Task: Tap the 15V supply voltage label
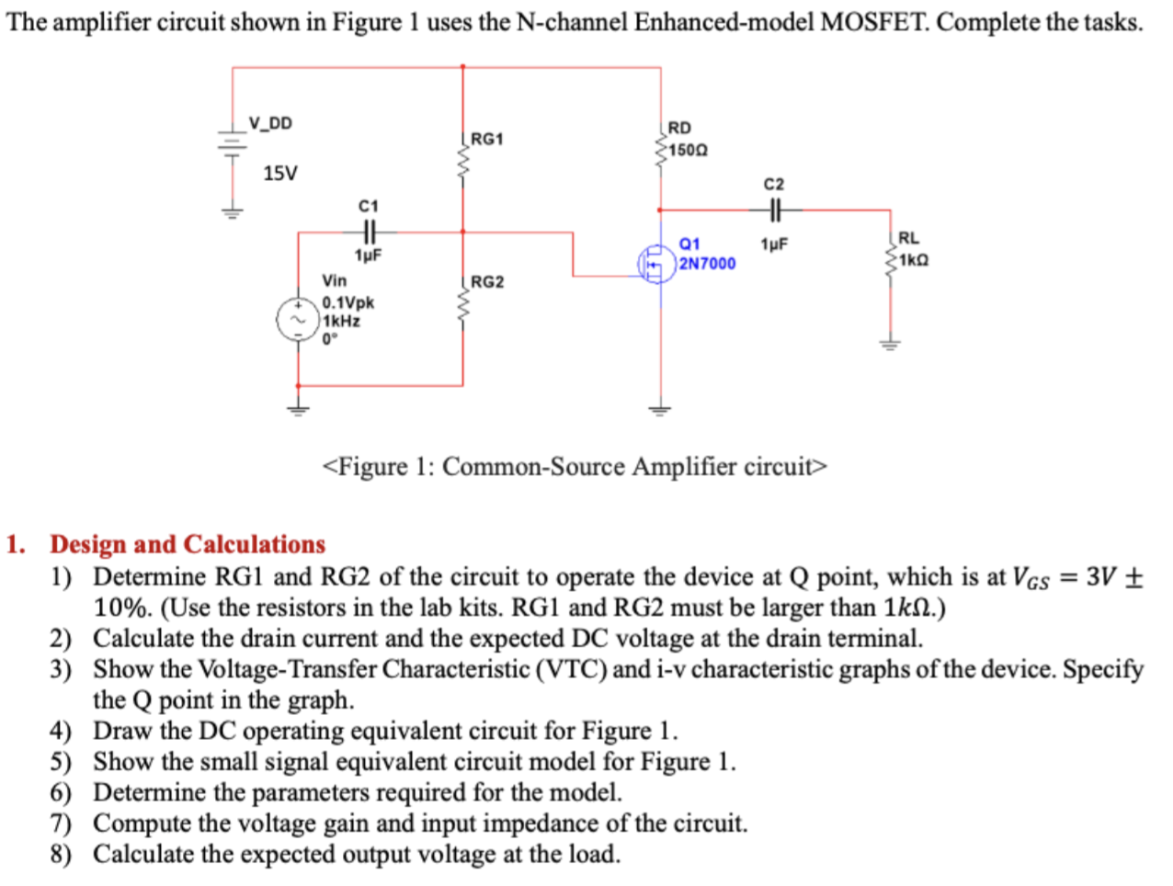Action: coord(280,173)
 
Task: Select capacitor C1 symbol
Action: coord(369,232)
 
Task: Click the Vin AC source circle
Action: coord(298,320)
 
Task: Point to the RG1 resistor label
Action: coord(487,139)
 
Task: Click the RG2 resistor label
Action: coord(487,281)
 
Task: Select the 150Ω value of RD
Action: coord(689,150)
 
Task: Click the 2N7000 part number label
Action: coord(707,264)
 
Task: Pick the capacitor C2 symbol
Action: coord(774,210)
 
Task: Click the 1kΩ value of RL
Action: coord(914,259)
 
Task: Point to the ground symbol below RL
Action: coord(889,345)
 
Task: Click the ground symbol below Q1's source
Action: coord(658,409)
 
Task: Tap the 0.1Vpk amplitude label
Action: coord(348,302)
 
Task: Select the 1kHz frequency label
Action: coord(341,321)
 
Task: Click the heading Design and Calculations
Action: coord(188,544)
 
